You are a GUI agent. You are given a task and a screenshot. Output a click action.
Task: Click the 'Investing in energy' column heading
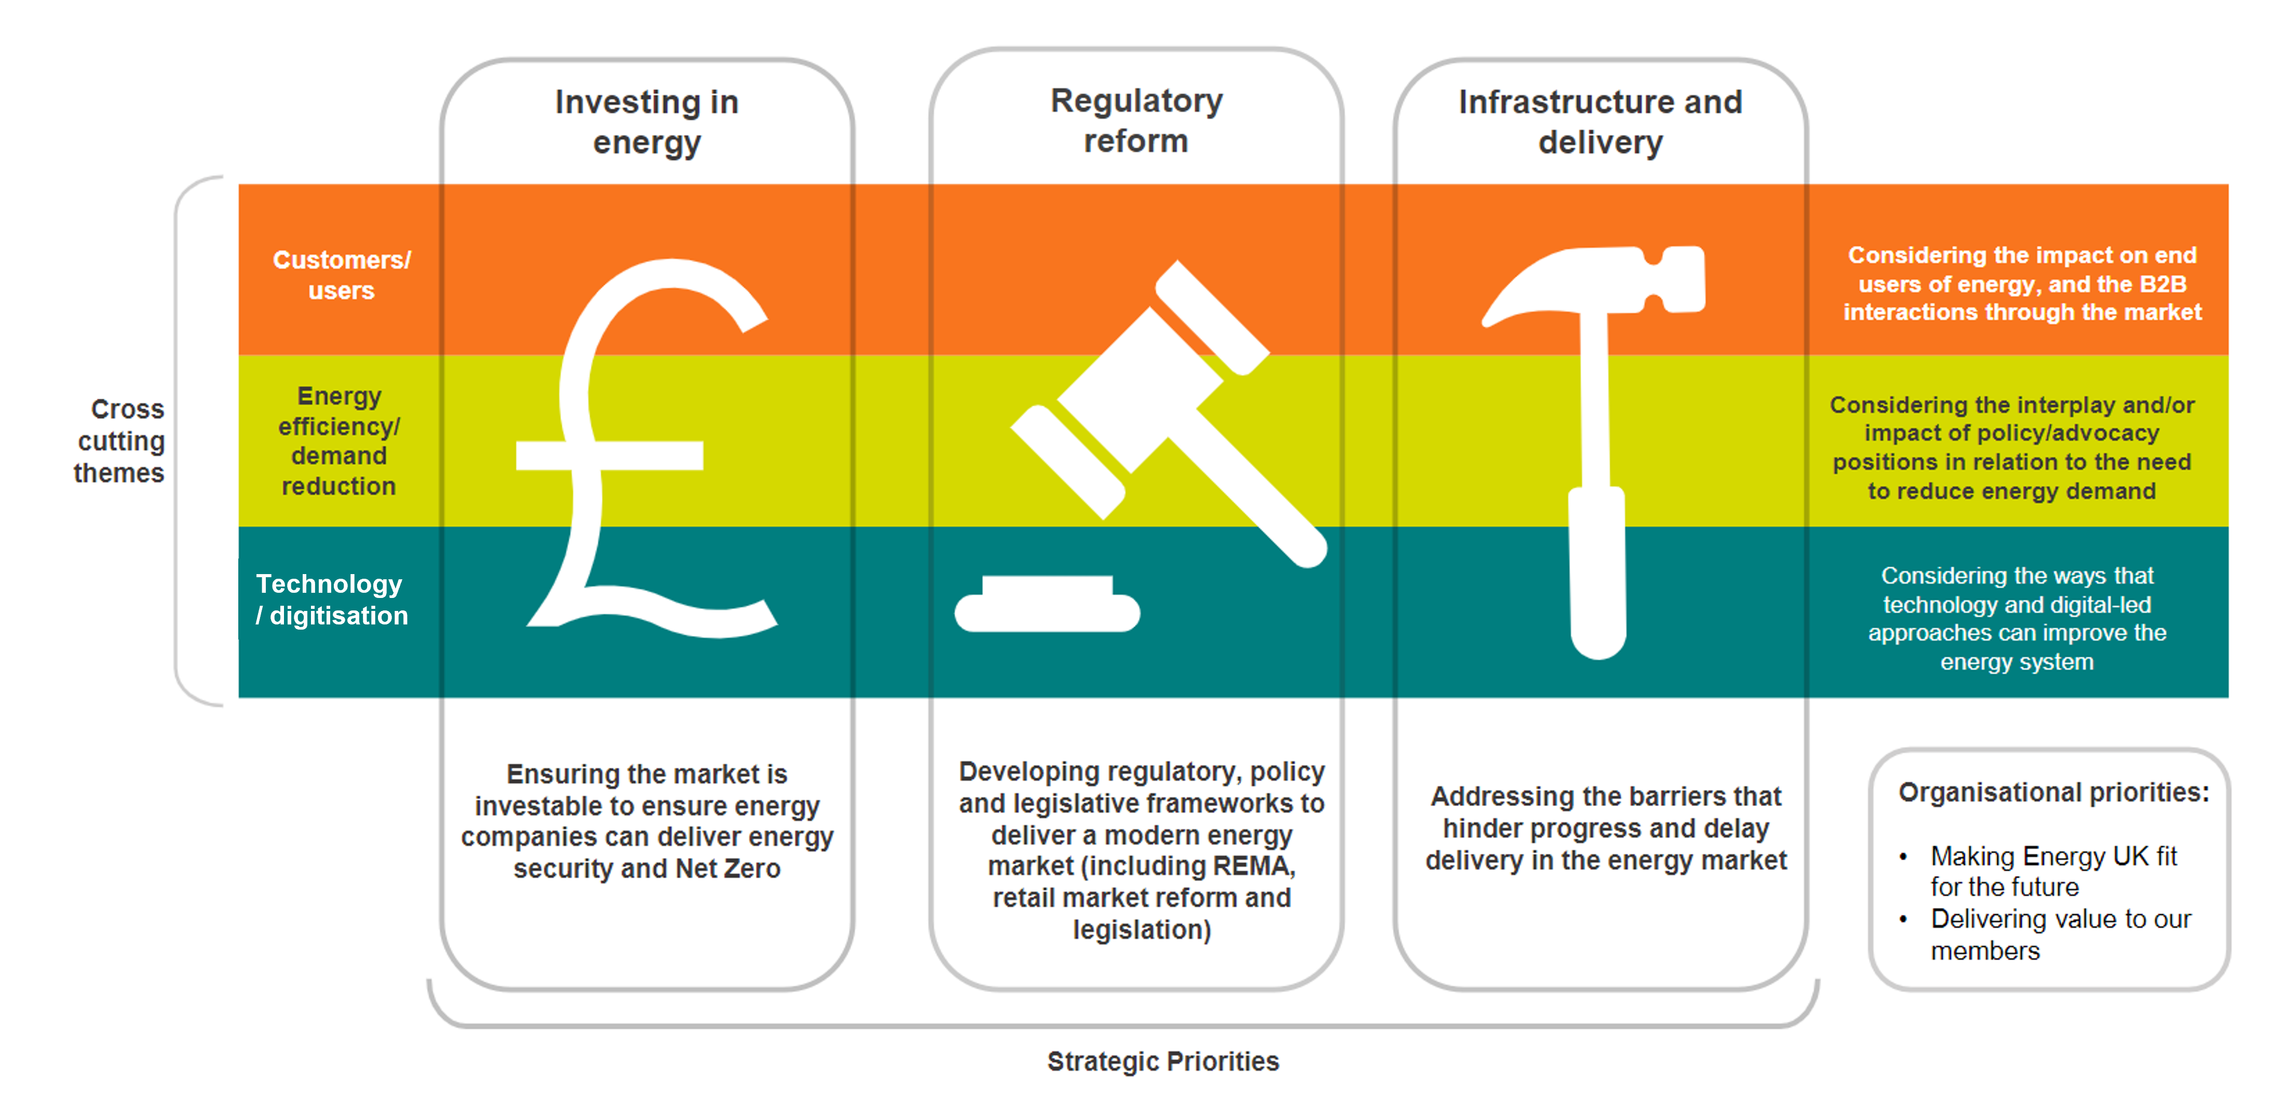pos(647,122)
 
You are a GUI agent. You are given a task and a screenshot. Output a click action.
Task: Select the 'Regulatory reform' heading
pos(1136,120)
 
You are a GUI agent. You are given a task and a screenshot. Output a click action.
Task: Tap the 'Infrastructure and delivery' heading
pos(1600,122)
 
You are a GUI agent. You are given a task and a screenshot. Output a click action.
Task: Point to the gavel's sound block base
pos(1047,607)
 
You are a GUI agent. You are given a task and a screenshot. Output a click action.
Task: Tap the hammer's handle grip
pos(1597,574)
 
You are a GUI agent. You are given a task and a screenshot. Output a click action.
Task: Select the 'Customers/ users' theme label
pos(341,275)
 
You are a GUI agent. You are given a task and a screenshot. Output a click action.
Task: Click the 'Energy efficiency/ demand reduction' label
pos(340,441)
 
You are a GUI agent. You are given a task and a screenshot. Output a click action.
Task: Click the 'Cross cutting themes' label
pos(120,441)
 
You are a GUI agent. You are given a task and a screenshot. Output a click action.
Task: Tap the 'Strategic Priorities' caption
pos(1163,1060)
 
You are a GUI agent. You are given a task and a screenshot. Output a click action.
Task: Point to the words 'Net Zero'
pos(727,868)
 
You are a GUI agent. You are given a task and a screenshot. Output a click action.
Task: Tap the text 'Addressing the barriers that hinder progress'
pos(1606,812)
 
